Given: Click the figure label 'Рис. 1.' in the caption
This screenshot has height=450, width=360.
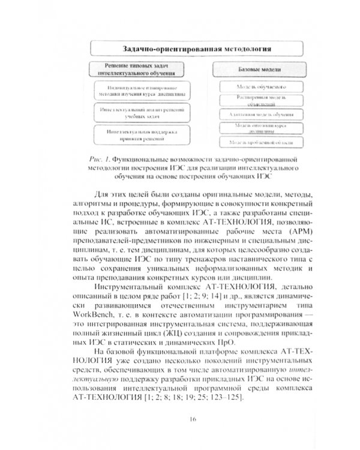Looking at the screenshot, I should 97,158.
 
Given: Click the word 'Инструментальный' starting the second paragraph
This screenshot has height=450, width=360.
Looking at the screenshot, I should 130,285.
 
